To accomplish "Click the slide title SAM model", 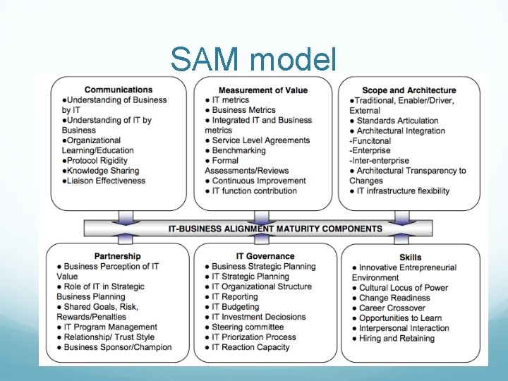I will click(x=254, y=60).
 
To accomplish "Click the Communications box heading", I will click(x=118, y=90).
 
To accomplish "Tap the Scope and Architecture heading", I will click(x=409, y=90).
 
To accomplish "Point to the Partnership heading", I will click(x=117, y=256).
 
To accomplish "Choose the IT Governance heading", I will click(x=265, y=256).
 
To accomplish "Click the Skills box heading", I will click(x=410, y=258).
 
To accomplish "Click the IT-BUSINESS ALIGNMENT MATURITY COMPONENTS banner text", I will click(x=275, y=229).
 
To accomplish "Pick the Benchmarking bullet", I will click(x=238, y=150).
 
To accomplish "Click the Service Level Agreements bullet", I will click(x=260, y=140).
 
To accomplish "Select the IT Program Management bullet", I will click(x=110, y=327).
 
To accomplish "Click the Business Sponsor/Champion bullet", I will click(x=117, y=347).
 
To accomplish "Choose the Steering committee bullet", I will click(x=248, y=327).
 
